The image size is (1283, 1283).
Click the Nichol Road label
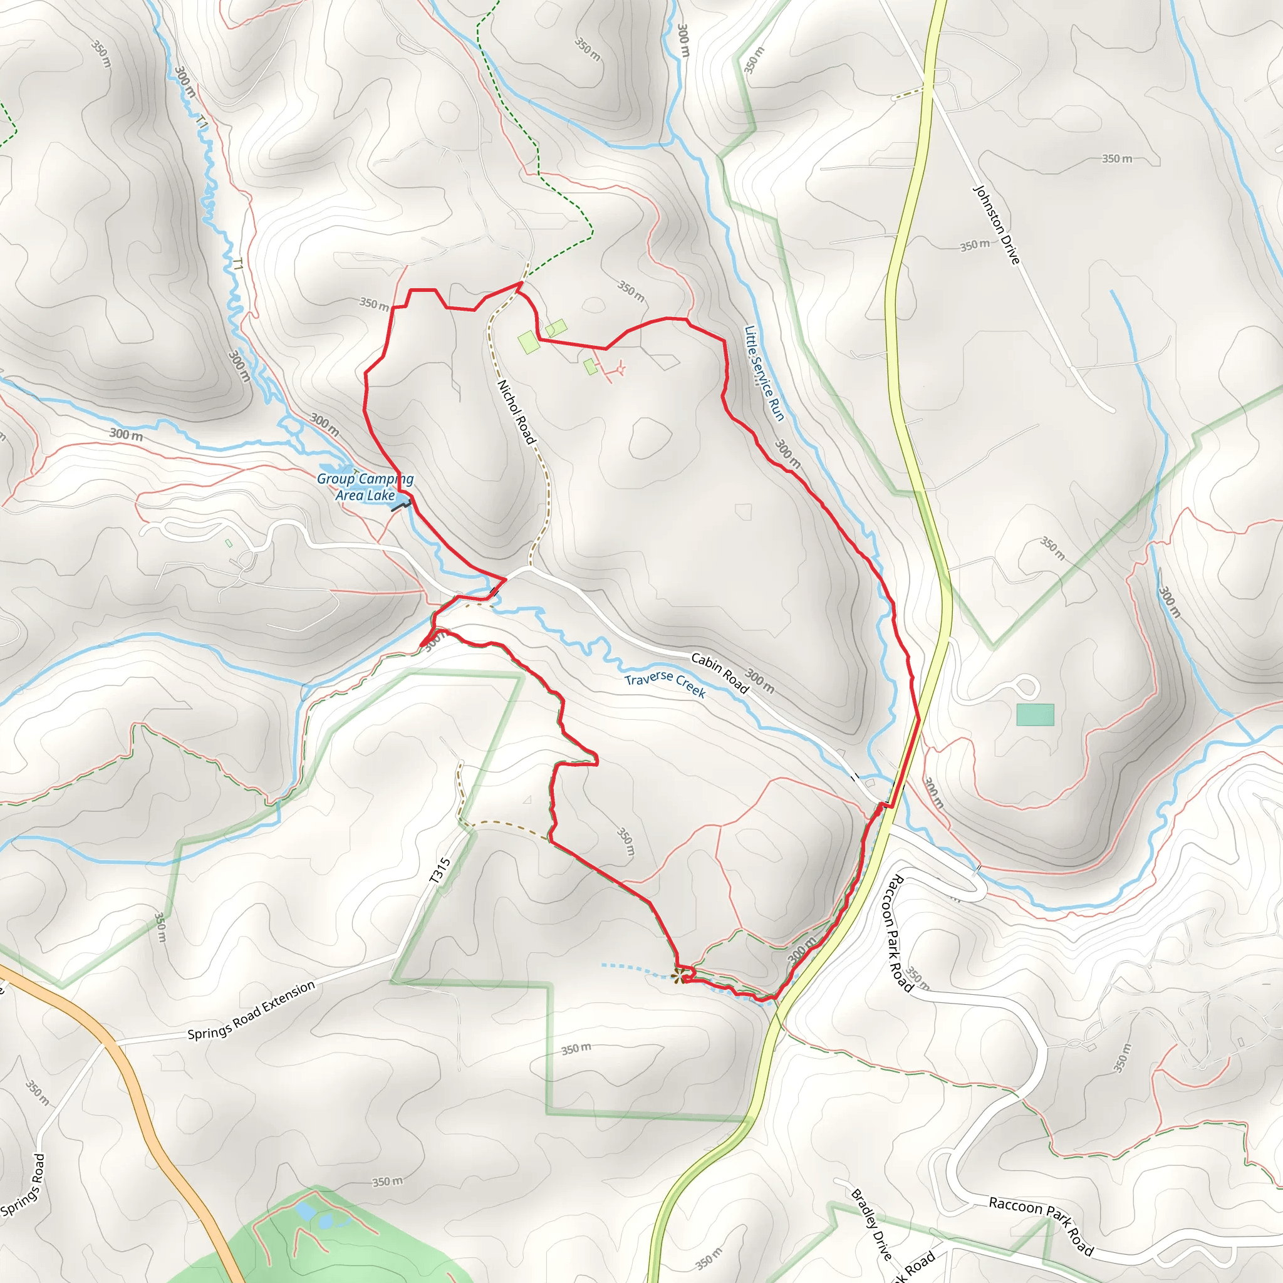click(516, 412)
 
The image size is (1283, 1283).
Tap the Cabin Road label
click(720, 673)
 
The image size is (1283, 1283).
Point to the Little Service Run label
click(764, 373)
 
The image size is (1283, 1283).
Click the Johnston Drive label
click(995, 224)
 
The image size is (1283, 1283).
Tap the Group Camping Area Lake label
click(365, 487)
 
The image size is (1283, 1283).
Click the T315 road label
click(440, 871)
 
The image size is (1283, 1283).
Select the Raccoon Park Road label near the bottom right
click(1041, 1220)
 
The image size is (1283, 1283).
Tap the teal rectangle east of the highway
click(1035, 715)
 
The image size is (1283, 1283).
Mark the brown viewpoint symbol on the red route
click(678, 975)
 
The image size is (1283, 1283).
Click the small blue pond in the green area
click(306, 1210)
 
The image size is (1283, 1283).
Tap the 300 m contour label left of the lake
click(126, 435)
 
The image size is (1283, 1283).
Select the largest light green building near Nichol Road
click(529, 343)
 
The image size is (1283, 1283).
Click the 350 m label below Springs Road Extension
click(575, 1049)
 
